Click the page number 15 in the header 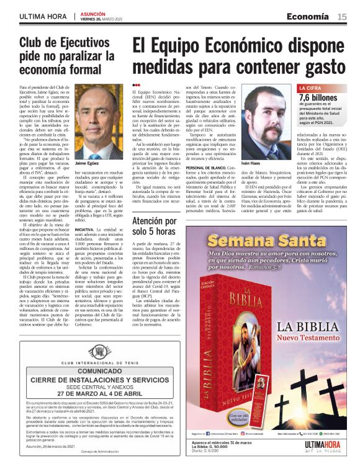(x=342, y=16)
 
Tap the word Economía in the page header (x=308, y=16)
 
